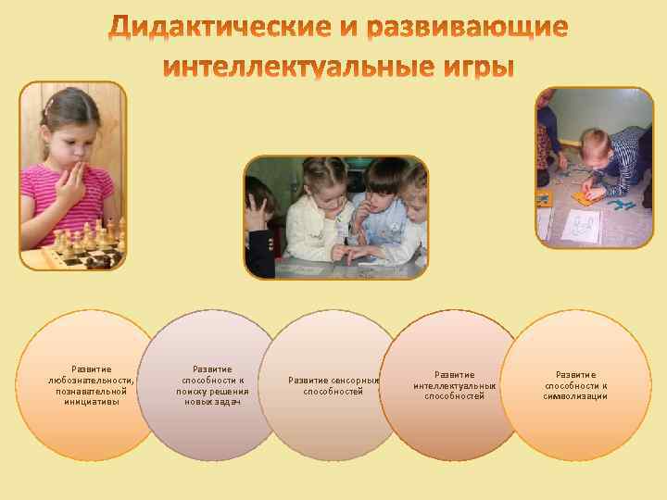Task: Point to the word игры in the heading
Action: tap(469, 69)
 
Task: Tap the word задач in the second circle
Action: tap(227, 401)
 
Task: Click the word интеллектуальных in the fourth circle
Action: tap(455, 385)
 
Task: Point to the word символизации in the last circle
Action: tap(575, 396)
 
